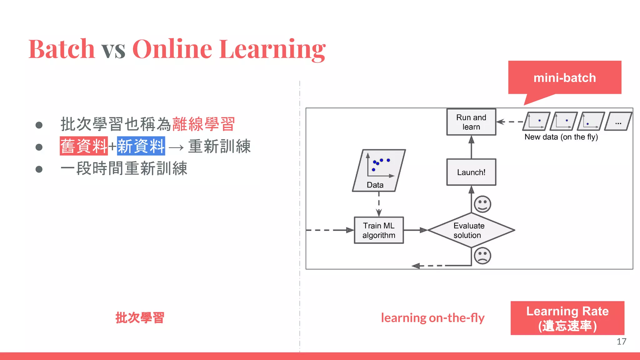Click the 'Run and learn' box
(x=471, y=122)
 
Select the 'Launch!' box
(x=471, y=172)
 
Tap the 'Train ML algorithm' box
(x=379, y=230)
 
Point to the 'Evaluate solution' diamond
(x=471, y=230)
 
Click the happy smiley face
(x=482, y=204)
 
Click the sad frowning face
(x=482, y=256)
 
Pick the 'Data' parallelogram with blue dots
(x=379, y=170)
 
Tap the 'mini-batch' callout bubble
(x=564, y=77)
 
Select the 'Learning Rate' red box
(x=567, y=318)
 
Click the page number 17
(x=621, y=342)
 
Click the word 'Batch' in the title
(x=62, y=49)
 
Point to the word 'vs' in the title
(x=113, y=50)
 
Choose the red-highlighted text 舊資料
(x=84, y=146)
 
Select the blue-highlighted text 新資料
(x=141, y=146)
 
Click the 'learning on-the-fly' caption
(x=432, y=318)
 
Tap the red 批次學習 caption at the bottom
(x=140, y=318)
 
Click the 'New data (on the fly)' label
(x=561, y=137)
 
